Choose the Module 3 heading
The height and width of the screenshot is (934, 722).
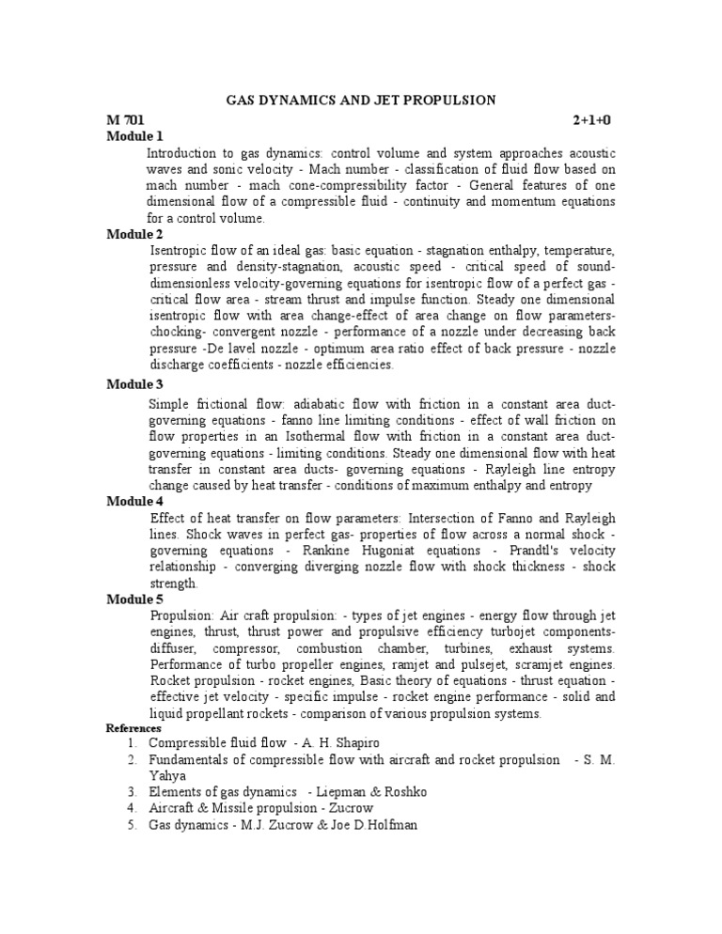tap(134, 383)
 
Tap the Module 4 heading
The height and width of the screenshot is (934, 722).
tap(134, 501)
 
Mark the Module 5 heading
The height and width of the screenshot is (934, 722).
tap(134, 599)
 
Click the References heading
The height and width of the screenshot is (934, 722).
tap(133, 728)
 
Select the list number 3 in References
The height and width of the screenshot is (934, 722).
tap(132, 792)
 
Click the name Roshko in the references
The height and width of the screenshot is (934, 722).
tap(402, 792)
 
